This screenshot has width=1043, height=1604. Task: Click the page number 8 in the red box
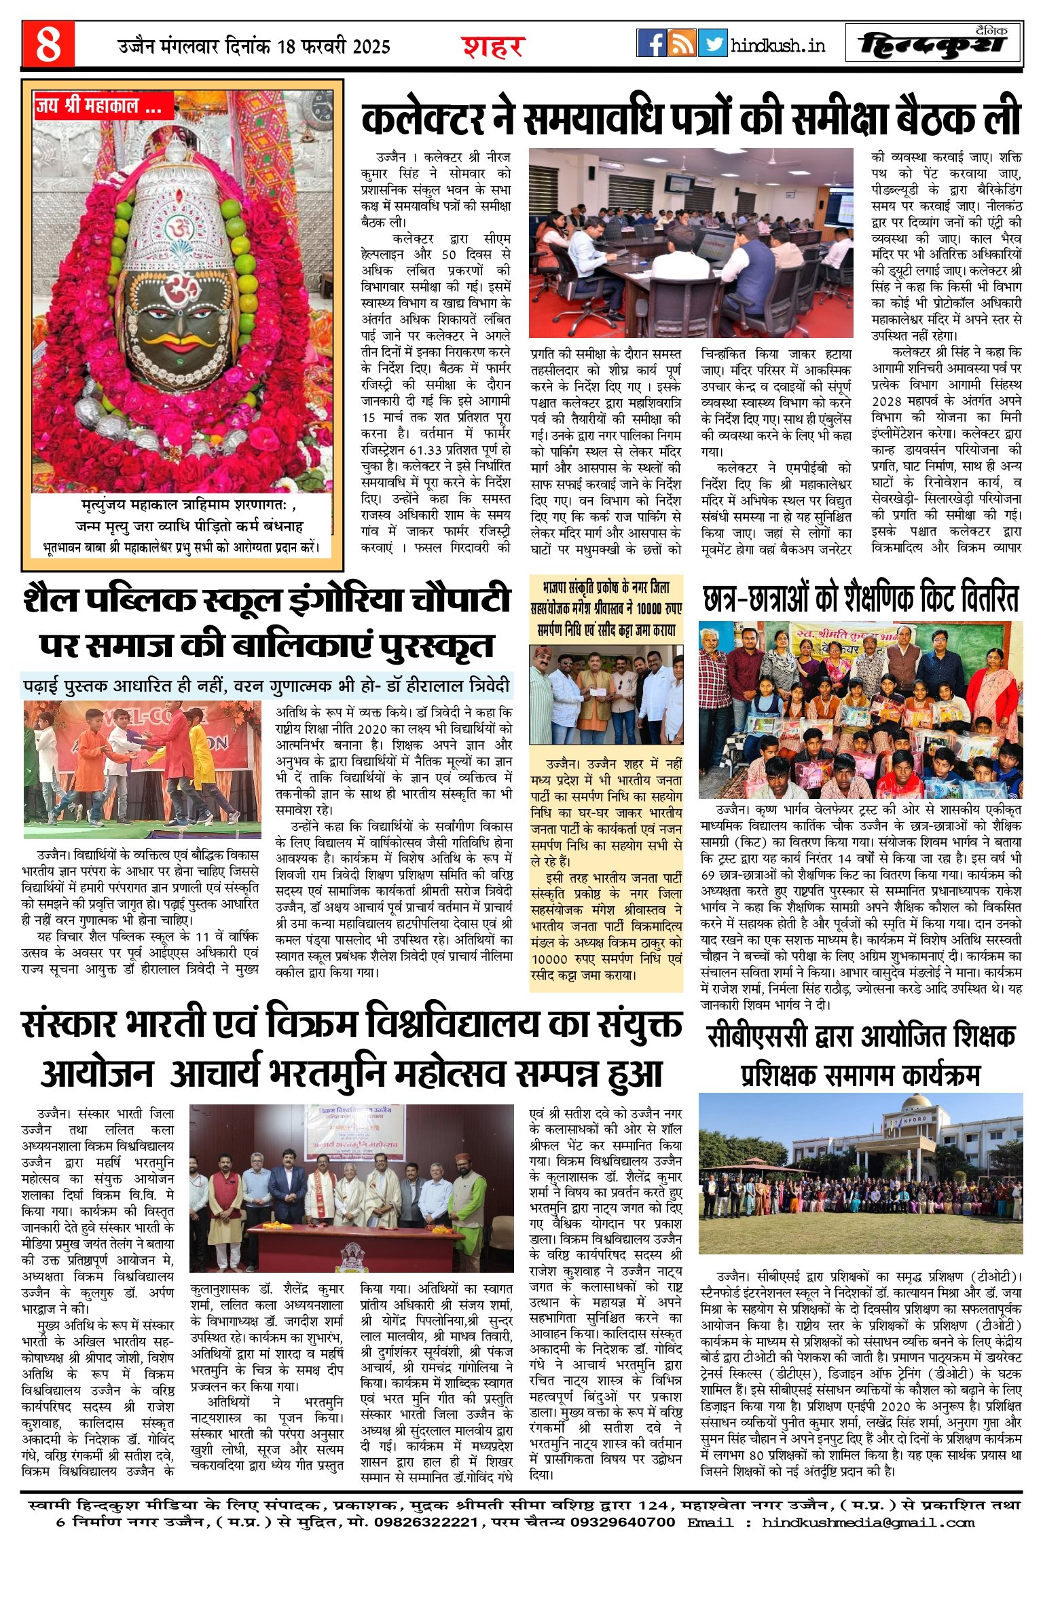point(48,45)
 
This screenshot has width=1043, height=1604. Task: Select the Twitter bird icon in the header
point(712,43)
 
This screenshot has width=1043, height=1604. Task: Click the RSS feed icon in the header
point(682,43)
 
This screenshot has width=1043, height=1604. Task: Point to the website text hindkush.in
point(778,45)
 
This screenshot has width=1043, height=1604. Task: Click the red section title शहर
point(493,46)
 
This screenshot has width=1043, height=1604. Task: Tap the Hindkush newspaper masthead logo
point(934,43)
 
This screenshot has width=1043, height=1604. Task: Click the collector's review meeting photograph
point(691,242)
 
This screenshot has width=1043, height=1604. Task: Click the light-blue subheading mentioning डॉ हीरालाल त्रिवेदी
point(267,685)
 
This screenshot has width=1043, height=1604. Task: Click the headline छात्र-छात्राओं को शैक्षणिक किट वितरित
point(860,600)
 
